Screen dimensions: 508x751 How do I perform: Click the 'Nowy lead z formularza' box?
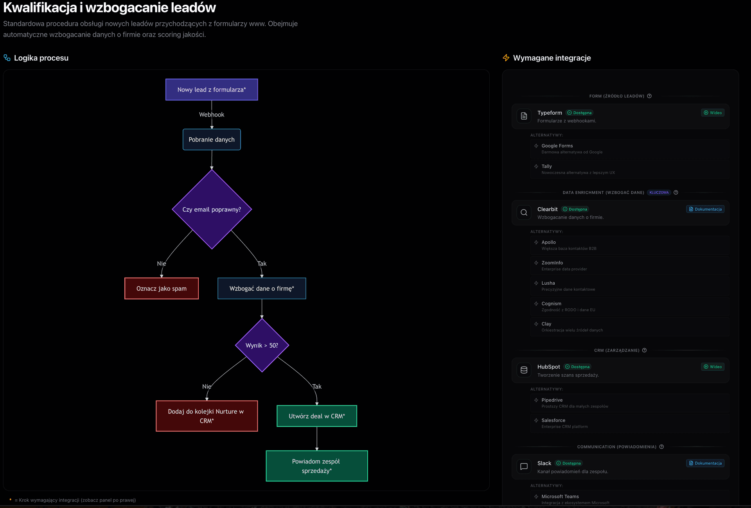coord(212,90)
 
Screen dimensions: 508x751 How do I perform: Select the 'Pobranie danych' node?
coord(212,140)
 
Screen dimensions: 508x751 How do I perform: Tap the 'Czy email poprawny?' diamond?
coord(212,210)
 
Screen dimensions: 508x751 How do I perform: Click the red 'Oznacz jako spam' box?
coord(162,289)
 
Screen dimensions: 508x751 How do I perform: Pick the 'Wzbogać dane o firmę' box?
coord(262,289)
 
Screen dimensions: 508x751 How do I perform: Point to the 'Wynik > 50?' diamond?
coord(262,345)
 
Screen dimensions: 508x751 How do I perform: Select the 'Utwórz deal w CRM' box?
coord(317,416)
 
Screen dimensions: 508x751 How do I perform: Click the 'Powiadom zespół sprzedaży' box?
coord(317,466)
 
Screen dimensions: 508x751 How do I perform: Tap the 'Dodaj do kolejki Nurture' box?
coord(207,416)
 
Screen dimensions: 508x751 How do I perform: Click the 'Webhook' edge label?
coord(212,115)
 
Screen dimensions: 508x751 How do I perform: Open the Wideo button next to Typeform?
coord(713,113)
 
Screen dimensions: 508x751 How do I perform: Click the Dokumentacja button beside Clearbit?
coord(705,209)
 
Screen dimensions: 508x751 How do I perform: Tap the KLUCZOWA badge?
coord(659,192)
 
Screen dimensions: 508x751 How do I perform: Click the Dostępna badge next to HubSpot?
coord(578,367)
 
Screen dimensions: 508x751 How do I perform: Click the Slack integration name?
coord(544,463)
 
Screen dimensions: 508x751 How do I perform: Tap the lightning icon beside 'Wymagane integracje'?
coord(506,58)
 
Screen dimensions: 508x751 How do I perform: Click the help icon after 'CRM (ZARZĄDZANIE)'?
coord(644,350)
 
